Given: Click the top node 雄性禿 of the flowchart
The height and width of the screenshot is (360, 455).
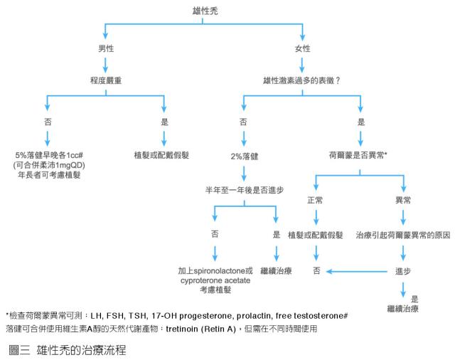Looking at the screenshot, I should (205, 9).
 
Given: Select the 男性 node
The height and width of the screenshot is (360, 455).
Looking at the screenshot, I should (106, 48).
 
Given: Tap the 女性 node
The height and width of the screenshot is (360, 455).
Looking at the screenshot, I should (303, 48).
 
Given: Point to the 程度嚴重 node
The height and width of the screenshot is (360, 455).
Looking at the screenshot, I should (106, 81).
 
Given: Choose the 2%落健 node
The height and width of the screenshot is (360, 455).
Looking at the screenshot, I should (244, 155).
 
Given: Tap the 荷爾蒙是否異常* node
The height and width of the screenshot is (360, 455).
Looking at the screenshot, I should (358, 154).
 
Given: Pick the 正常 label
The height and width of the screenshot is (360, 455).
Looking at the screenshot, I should (315, 200).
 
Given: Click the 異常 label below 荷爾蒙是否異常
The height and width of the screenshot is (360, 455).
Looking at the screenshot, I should (403, 200).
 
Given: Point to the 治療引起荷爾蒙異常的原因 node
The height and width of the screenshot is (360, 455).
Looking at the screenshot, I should (403, 234).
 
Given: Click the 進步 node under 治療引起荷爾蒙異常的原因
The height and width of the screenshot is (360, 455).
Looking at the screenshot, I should (403, 271).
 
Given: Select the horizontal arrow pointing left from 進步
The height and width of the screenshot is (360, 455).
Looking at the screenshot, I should (355, 271).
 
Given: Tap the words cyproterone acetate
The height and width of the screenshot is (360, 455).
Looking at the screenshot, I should (215, 281).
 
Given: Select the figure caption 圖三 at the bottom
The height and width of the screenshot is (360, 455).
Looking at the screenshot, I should (19, 349).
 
